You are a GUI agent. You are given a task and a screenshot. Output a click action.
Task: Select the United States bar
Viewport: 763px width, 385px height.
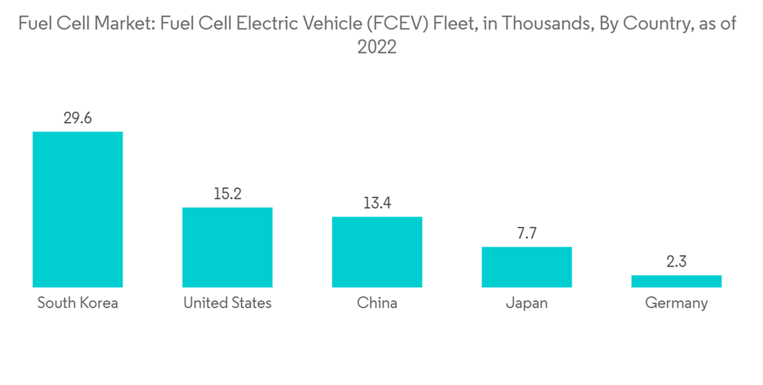coord(227,247)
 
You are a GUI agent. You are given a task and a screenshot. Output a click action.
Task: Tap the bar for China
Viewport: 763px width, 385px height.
coord(377,251)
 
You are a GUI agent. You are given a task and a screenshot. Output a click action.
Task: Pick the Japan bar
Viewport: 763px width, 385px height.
coord(526,267)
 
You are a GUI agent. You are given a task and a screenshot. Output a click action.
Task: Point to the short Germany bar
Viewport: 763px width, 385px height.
coord(676,281)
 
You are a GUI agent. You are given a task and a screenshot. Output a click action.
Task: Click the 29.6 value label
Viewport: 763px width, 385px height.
coord(77,118)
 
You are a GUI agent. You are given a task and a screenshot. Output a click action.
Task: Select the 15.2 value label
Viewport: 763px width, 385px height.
coord(227,194)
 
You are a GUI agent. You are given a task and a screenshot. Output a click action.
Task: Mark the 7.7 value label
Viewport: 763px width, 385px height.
coord(526,233)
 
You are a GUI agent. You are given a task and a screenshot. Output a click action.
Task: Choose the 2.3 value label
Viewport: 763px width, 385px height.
coord(676,261)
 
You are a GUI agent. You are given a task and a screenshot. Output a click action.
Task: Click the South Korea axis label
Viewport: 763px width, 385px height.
coord(78,303)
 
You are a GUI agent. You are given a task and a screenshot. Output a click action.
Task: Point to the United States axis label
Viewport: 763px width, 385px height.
coord(227,303)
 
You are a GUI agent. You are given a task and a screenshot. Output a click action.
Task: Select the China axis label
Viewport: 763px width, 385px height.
coord(377,303)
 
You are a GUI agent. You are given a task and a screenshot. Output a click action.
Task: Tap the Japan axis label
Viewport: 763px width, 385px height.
coord(526,303)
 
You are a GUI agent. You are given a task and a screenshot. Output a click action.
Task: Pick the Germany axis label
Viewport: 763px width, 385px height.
coord(676,303)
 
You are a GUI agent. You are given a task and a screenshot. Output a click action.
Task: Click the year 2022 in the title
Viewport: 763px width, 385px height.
coord(377,47)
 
